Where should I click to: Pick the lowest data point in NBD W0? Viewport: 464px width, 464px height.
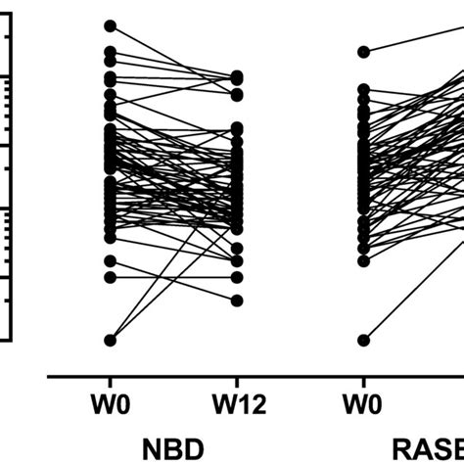(110, 340)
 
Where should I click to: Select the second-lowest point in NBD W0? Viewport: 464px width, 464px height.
(110, 277)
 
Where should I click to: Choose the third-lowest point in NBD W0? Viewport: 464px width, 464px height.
(110, 260)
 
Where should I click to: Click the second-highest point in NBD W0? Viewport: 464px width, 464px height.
(110, 51)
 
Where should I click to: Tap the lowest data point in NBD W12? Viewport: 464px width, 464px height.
(236, 300)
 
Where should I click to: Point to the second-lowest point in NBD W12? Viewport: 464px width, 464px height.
(236, 277)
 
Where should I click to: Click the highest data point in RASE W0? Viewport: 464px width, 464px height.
(363, 51)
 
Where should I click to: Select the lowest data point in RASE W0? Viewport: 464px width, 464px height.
(363, 340)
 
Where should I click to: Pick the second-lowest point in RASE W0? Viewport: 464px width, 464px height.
(363, 260)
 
